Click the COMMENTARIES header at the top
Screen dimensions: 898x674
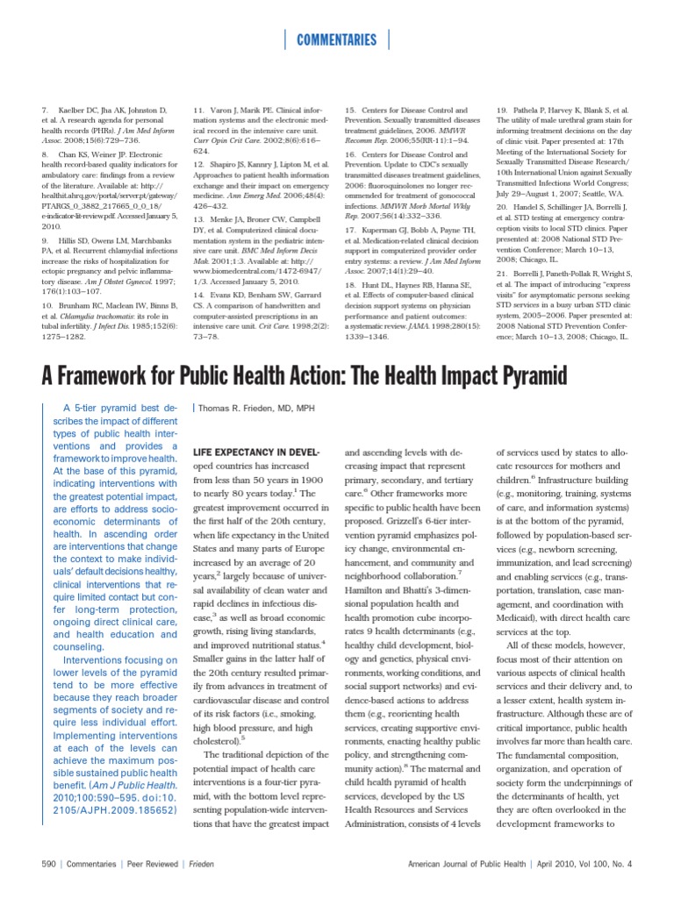pyautogui.click(x=337, y=39)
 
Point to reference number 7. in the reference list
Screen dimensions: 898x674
pyautogui.click(x=44, y=109)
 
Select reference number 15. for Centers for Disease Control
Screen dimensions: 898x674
pyautogui.click(x=350, y=109)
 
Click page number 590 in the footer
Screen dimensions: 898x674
pyautogui.click(x=49, y=864)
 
